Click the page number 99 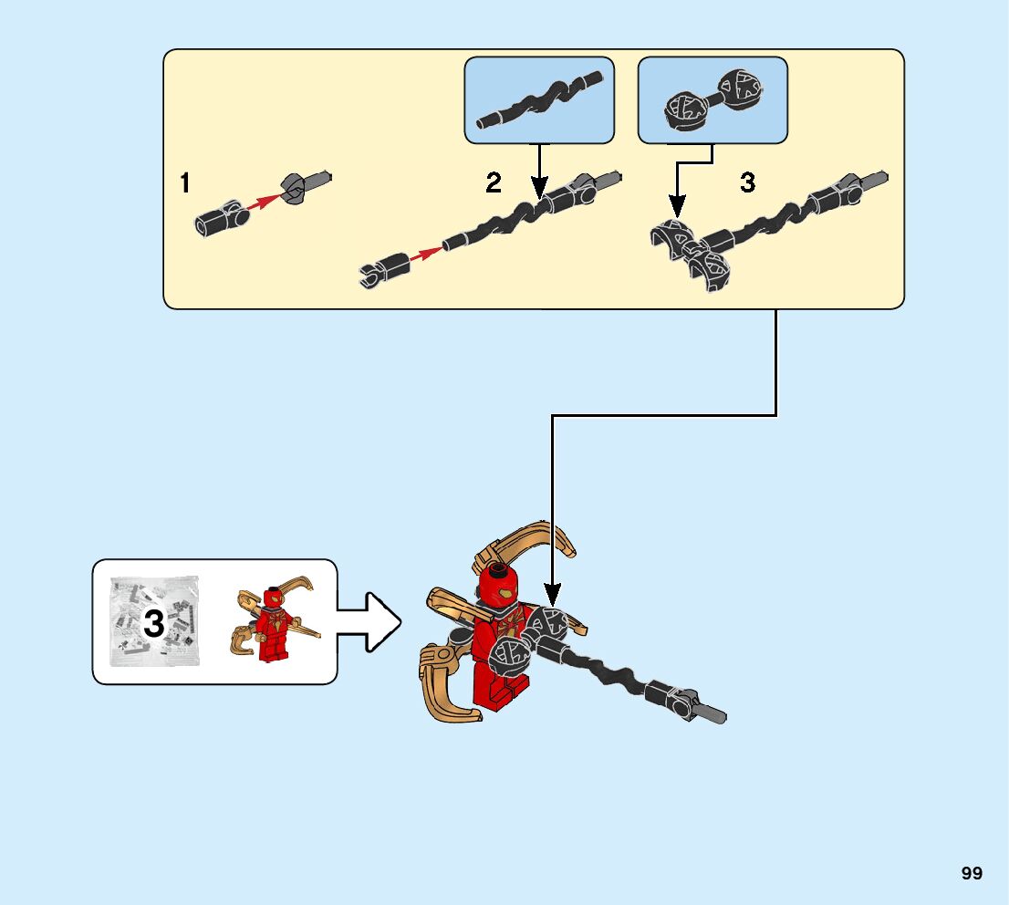point(972,873)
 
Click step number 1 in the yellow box point(185,183)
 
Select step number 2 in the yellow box point(494,183)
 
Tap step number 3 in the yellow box point(747,183)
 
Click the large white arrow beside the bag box point(369,622)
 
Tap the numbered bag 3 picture point(154,621)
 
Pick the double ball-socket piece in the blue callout point(712,98)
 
